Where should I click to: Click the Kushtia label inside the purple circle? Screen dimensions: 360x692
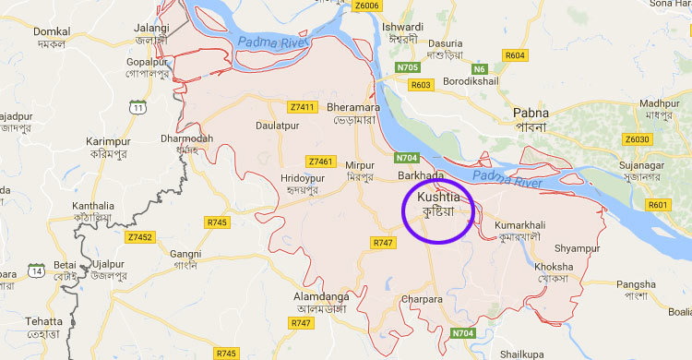437,198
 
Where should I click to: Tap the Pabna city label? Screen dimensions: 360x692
531,114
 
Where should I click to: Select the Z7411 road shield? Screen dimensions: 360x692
302,106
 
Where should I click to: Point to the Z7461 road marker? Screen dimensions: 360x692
319,160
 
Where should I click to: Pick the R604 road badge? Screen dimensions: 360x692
514,56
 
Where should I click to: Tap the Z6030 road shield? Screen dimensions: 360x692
637,139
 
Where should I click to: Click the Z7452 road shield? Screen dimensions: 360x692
140,236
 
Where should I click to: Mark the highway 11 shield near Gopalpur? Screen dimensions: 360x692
137,109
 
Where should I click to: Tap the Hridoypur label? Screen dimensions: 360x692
304,178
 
